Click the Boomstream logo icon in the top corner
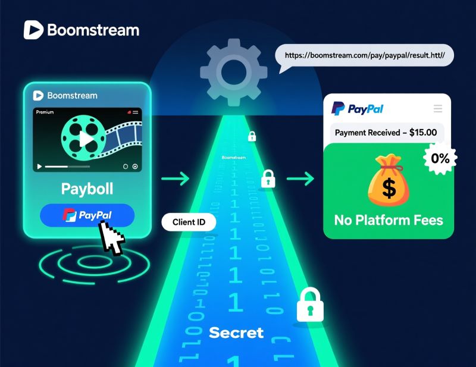[33, 30]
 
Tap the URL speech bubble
[364, 55]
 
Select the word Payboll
[87, 189]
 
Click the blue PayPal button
[87, 215]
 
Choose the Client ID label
[189, 222]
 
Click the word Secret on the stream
[236, 333]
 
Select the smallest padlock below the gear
[252, 136]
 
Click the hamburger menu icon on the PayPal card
[438, 108]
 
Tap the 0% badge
[440, 158]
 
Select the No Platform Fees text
[389, 220]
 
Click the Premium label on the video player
[45, 112]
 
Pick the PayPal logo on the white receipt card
[358, 109]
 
